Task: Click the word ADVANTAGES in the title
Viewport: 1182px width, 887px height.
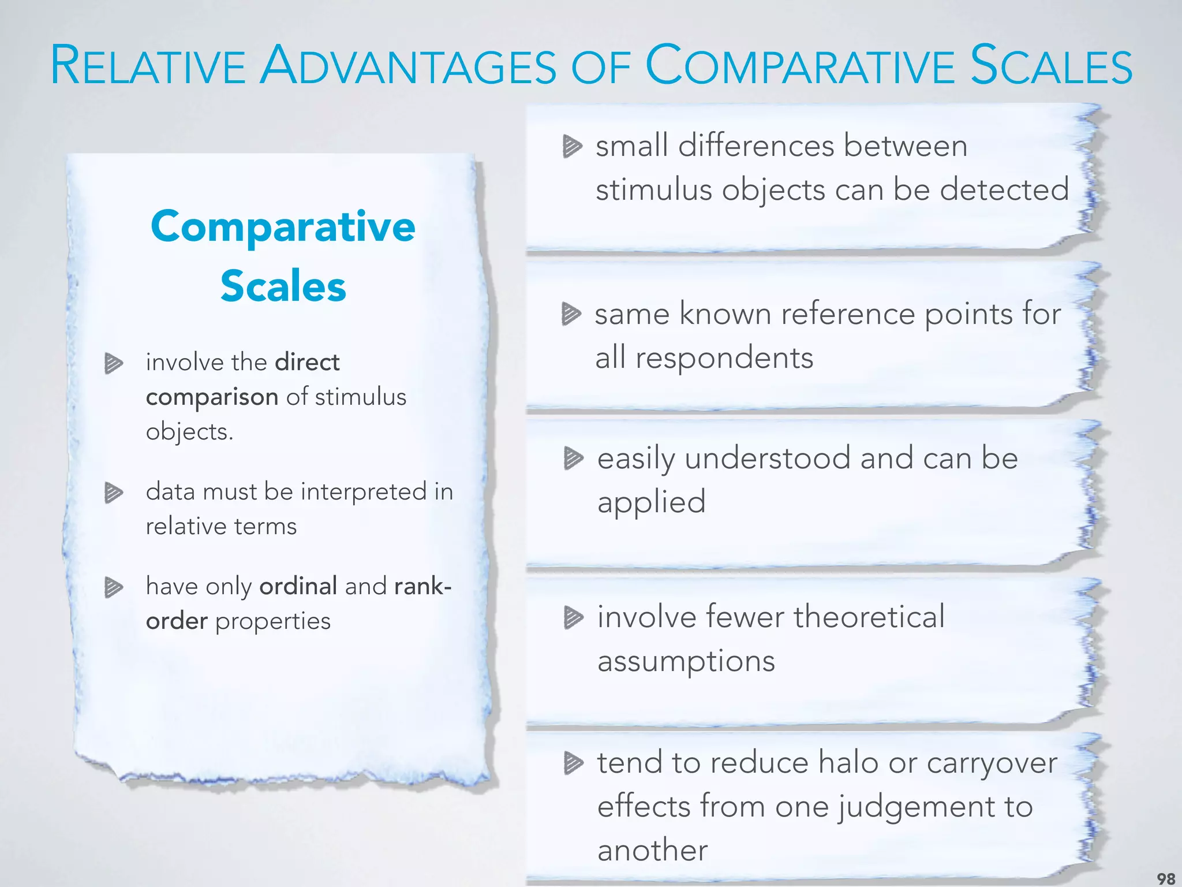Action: coord(408,66)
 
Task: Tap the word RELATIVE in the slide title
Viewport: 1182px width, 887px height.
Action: coord(148,66)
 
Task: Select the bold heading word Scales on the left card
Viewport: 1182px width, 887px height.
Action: coord(283,286)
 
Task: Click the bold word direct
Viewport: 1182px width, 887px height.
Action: coord(307,363)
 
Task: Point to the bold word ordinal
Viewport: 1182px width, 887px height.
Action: coord(298,586)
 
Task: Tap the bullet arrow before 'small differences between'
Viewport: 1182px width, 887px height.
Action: coord(572,146)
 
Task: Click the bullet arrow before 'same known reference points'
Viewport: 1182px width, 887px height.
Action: coord(571,315)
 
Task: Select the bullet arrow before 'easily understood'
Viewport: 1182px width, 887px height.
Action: coord(573,459)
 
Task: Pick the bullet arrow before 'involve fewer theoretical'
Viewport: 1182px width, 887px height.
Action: coord(573,617)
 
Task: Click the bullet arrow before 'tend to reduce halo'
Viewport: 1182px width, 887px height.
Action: coord(573,763)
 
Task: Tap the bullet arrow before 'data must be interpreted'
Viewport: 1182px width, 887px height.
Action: coord(114,493)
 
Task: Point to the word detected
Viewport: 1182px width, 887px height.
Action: coord(1004,189)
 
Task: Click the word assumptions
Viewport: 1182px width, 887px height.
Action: coord(686,661)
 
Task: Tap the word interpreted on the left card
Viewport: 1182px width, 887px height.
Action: coord(364,492)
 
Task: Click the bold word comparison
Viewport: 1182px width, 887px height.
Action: coord(212,397)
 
